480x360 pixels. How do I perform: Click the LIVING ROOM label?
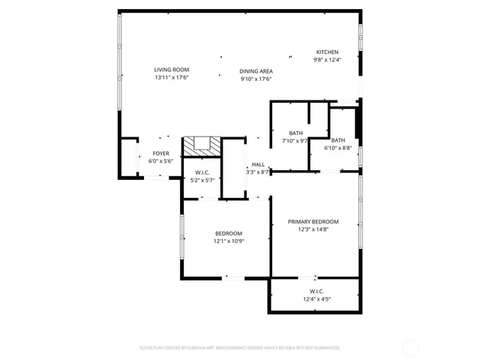[171, 69]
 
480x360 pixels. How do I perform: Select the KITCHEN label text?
[326, 52]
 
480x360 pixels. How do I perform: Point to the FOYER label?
[160, 153]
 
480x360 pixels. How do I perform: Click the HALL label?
[258, 164]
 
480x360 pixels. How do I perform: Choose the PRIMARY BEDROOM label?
[318, 221]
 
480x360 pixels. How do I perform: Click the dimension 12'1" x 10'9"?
[229, 241]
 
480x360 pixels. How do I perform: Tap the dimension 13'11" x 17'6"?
[171, 77]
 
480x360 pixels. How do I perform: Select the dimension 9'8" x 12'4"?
[326, 60]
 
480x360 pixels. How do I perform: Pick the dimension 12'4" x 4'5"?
[316, 298]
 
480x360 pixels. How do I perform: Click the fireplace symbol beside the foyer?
[203, 145]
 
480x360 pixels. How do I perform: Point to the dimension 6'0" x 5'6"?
[160, 161]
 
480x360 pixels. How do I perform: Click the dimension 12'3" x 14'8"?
[318, 229]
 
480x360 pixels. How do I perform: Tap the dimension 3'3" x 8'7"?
[258, 172]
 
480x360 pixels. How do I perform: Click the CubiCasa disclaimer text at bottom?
[240, 348]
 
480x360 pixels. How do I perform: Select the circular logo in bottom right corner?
[411, 347]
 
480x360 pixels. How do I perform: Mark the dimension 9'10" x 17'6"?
[256, 79]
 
